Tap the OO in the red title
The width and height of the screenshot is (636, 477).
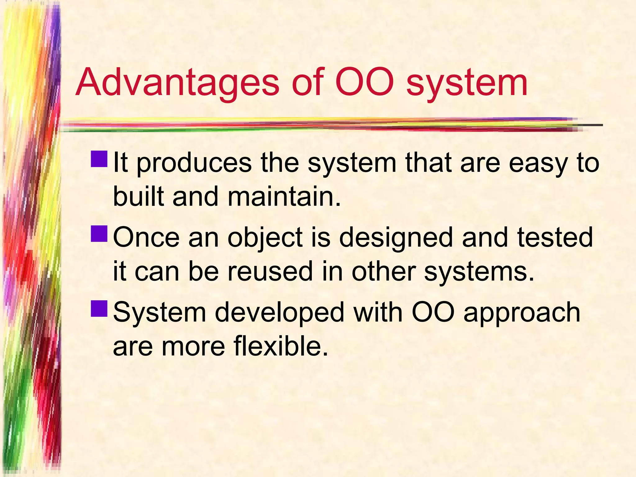click(364, 82)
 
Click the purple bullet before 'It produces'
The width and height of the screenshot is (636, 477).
click(99, 159)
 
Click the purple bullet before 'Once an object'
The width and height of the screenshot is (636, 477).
click(99, 234)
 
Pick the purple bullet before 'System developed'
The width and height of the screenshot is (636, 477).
click(99, 308)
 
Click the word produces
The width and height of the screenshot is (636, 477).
click(194, 164)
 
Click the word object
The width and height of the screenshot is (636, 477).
click(265, 238)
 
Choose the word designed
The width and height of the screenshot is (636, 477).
click(395, 238)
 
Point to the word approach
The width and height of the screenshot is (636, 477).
click(522, 314)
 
